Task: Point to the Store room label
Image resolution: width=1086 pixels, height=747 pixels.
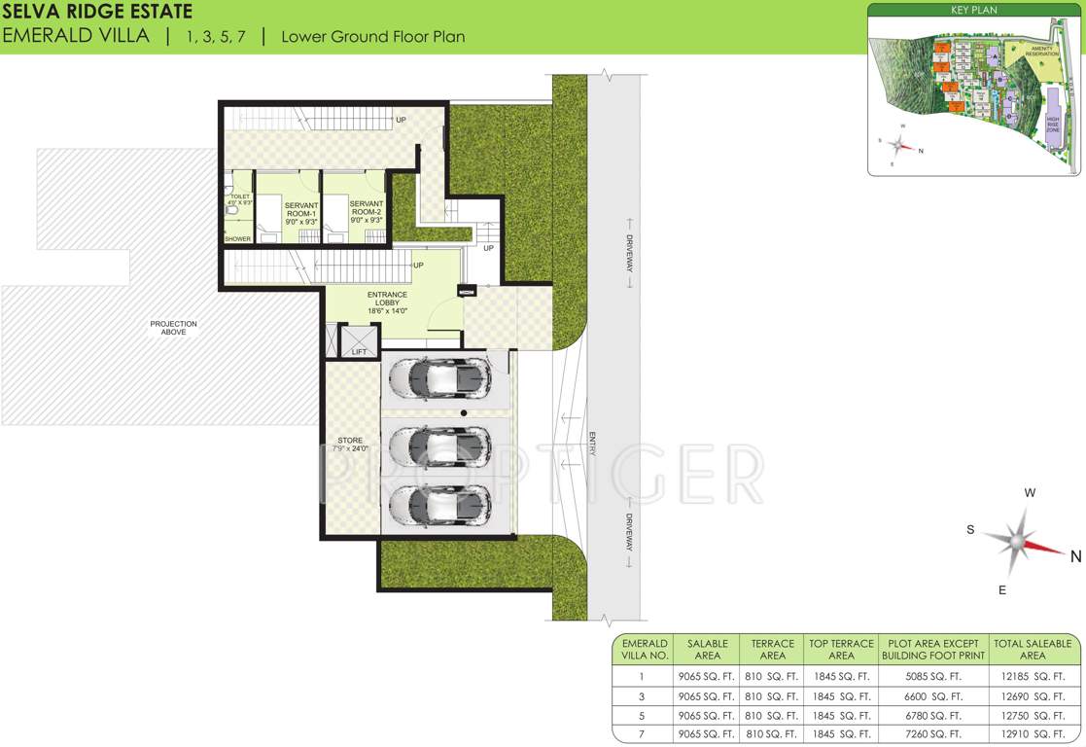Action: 350,445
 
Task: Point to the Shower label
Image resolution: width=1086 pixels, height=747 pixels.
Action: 238,239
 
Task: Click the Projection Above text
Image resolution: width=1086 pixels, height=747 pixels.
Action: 173,328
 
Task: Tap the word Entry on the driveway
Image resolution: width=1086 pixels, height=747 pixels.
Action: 590,443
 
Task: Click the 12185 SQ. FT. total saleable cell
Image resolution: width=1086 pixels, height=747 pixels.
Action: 1033,676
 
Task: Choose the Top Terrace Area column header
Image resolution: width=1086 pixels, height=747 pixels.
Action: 841,650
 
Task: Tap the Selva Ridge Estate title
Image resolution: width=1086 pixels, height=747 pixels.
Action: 97,12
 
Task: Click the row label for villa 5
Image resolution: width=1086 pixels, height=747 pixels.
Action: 642,712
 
